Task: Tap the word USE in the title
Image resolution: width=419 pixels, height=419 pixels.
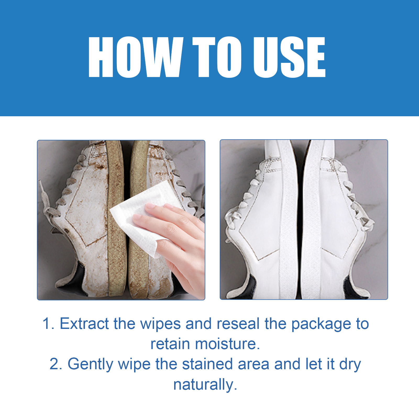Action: (x=289, y=57)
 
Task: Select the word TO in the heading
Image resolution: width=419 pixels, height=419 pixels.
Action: (x=217, y=57)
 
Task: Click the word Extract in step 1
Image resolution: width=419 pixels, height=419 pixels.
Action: (x=84, y=324)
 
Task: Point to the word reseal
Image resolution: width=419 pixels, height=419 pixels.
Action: (x=238, y=324)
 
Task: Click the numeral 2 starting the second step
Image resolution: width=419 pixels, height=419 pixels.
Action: (x=56, y=364)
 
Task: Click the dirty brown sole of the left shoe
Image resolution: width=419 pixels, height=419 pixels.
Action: (x=116, y=220)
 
